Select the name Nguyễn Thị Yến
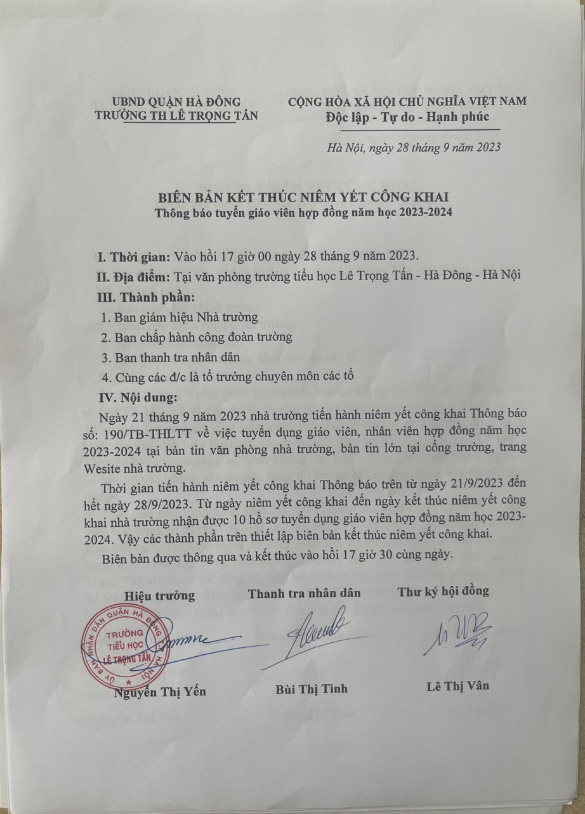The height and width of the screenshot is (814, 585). pos(159,692)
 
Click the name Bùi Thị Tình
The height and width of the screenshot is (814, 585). pos(312,688)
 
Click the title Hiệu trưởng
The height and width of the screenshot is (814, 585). pos(159,596)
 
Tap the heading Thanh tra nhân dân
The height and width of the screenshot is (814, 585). pos(304,593)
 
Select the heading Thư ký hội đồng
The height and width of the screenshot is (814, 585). pos(443,591)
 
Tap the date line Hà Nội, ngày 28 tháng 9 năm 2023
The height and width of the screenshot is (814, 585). pos(413,148)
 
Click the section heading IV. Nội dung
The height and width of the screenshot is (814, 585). pos(137,397)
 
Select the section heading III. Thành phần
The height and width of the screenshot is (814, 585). pos(145,297)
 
